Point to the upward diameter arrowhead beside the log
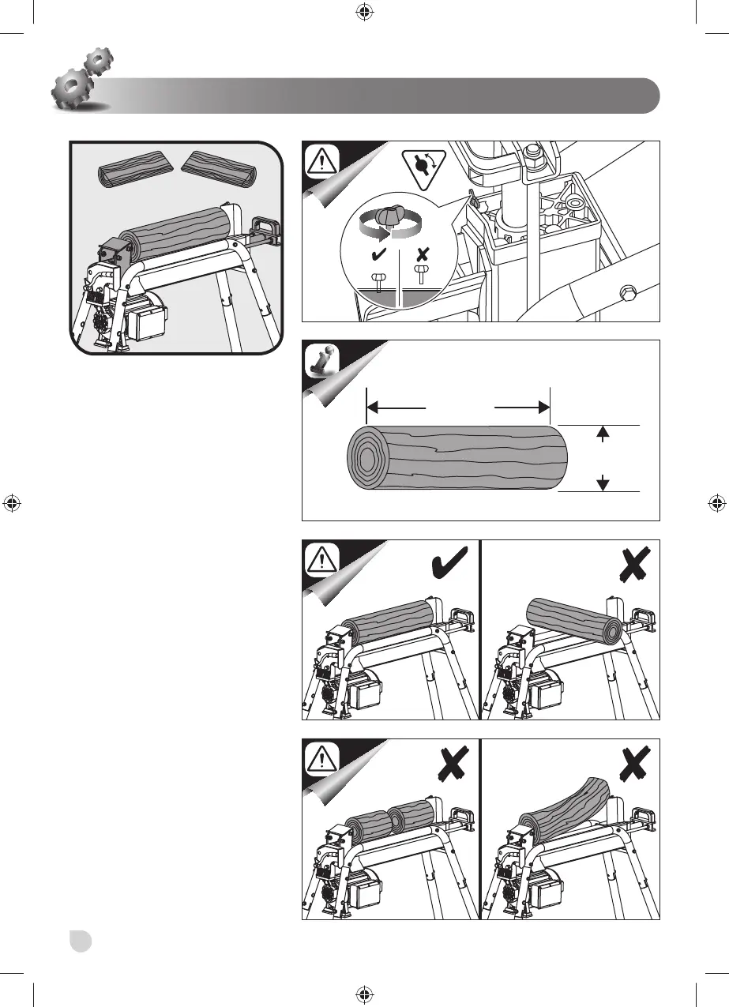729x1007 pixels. pyautogui.click(x=603, y=431)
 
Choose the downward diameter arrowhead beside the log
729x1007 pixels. pyautogui.click(x=603, y=483)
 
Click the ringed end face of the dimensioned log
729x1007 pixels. pyautogui.click(x=365, y=459)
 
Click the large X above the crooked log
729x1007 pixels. pyautogui.click(x=635, y=764)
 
